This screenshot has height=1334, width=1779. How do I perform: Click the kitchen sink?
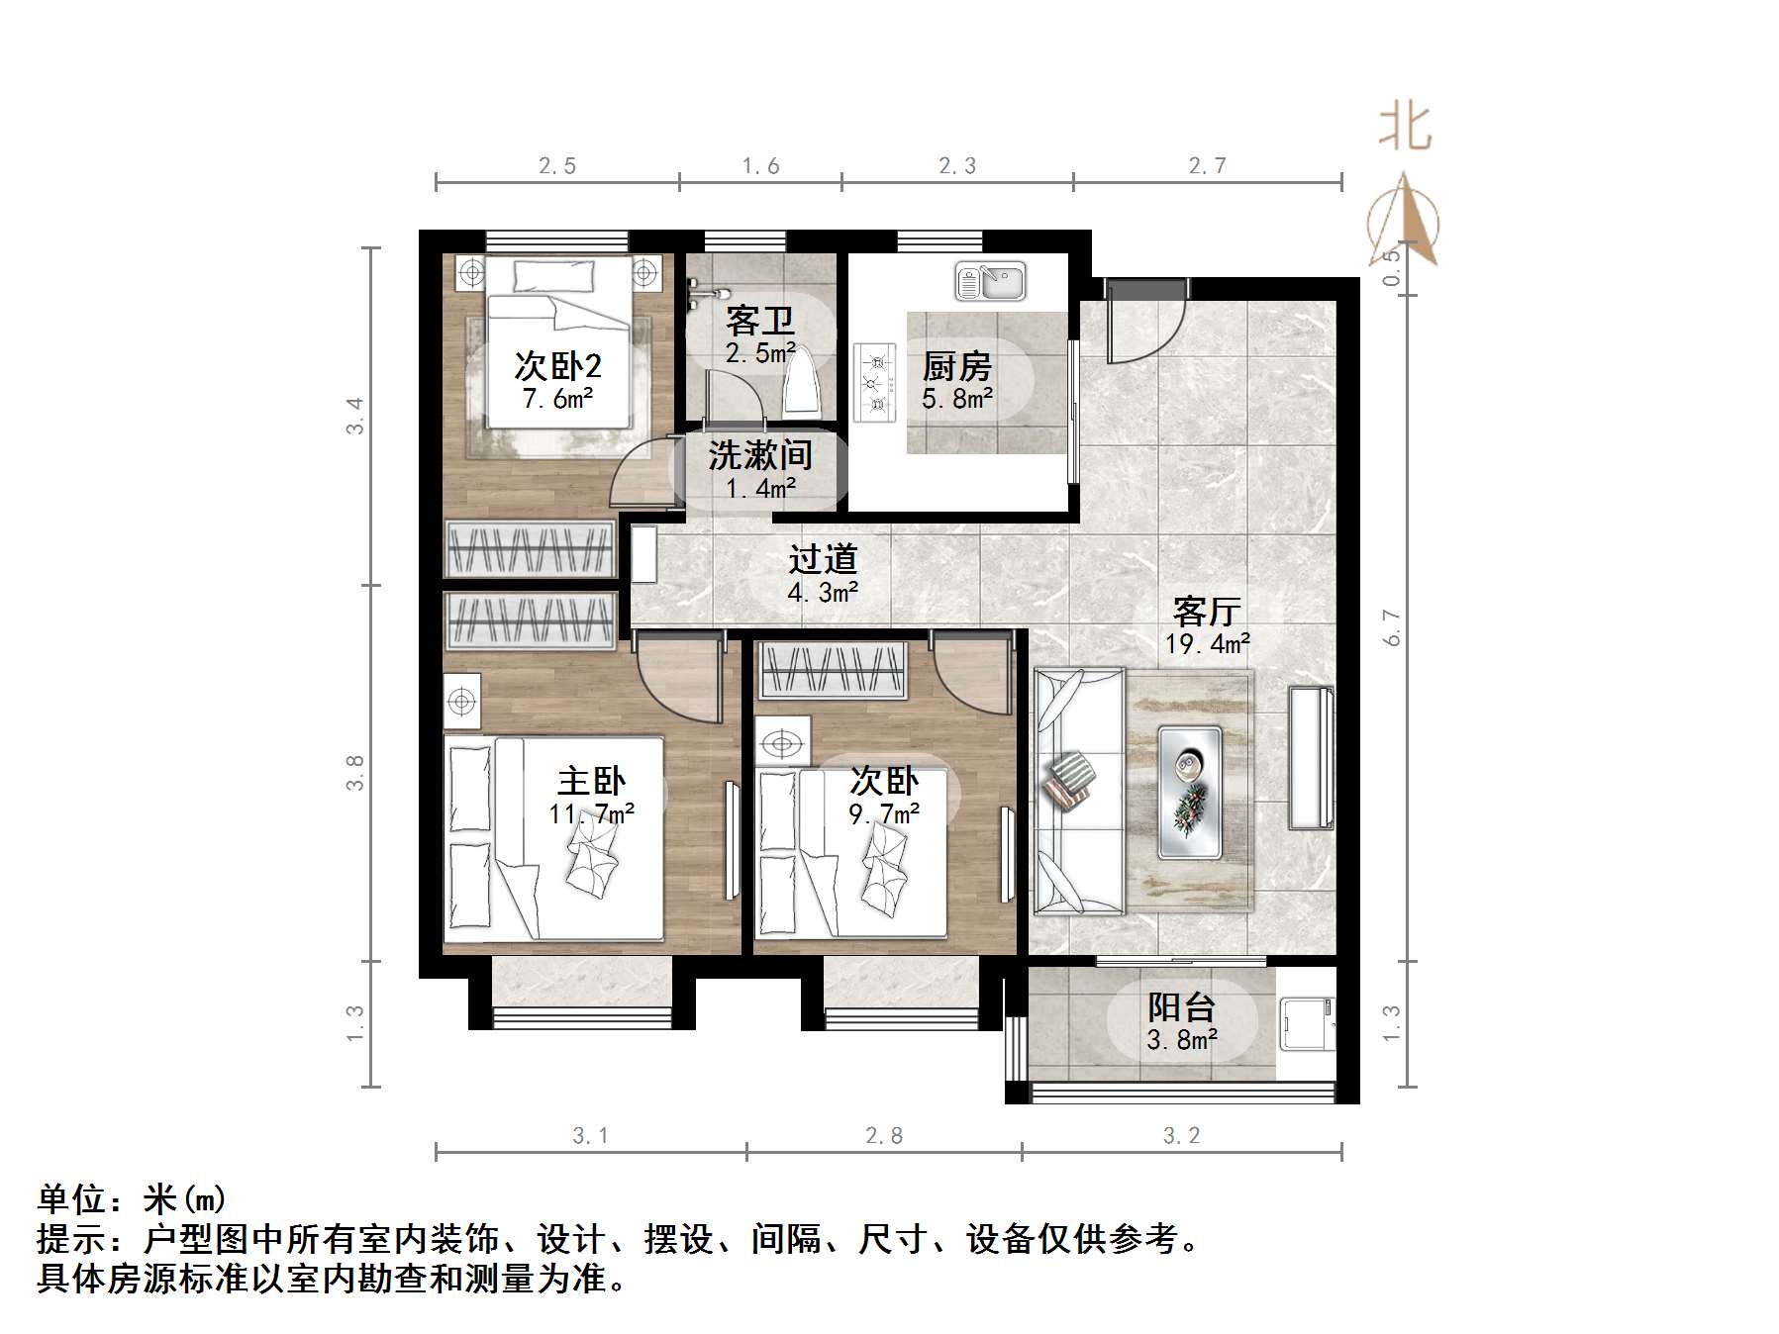(990, 282)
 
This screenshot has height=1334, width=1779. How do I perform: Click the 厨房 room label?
(956, 367)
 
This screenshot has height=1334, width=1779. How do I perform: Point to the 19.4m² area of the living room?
(1207, 645)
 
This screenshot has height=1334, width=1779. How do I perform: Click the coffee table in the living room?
(1189, 792)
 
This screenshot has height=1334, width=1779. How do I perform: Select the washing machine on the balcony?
(1306, 1023)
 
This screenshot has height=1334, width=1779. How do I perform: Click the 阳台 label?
(1181, 1007)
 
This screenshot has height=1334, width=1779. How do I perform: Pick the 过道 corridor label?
(822, 560)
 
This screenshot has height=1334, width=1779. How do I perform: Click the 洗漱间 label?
(759, 455)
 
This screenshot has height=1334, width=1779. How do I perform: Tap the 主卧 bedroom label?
(591, 781)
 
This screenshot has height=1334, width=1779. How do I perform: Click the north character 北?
(1405, 128)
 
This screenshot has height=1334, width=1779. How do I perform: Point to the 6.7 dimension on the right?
(1393, 627)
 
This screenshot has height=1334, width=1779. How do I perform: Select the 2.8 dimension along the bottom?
(883, 1136)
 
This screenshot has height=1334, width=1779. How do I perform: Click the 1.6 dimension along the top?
(760, 166)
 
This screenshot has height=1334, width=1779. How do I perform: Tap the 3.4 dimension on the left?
(354, 416)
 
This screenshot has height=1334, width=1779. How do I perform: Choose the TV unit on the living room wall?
(1310, 757)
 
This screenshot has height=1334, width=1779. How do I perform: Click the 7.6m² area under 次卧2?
(557, 400)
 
